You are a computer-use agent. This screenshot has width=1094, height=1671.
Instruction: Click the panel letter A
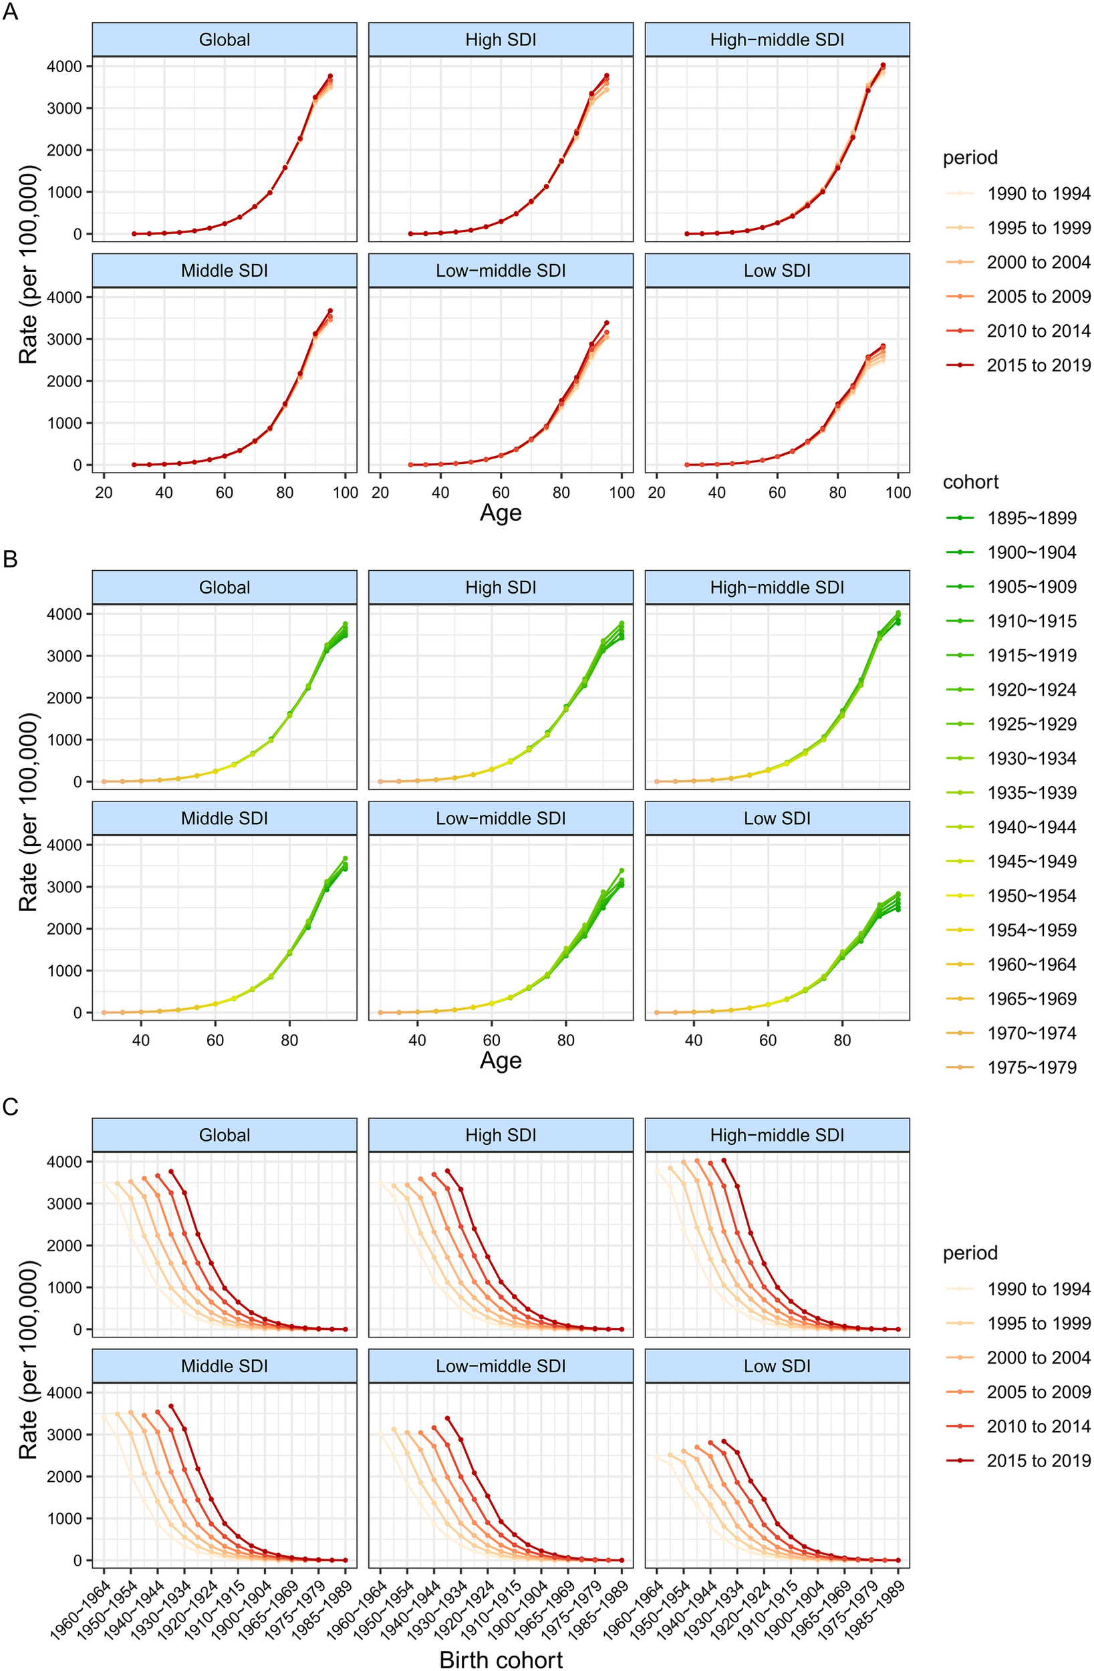pyautogui.click(x=10, y=12)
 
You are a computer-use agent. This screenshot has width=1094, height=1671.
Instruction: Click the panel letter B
pyautogui.click(x=10, y=559)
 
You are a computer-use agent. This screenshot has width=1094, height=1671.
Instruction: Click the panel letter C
pyautogui.click(x=10, y=1106)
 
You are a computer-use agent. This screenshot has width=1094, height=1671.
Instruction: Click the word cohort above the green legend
pyautogui.click(x=970, y=483)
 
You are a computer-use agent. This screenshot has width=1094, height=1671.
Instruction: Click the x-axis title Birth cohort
pyautogui.click(x=501, y=1659)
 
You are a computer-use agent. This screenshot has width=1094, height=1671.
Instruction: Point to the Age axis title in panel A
pyautogui.click(x=501, y=513)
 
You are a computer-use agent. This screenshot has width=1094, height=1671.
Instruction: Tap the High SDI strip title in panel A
pyautogui.click(x=501, y=40)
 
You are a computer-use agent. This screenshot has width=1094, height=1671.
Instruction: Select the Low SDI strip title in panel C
pyautogui.click(x=777, y=1366)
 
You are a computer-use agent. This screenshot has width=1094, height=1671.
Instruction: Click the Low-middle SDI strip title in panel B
pyautogui.click(x=501, y=819)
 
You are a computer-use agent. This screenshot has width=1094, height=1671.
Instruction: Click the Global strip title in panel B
pyautogui.click(x=224, y=588)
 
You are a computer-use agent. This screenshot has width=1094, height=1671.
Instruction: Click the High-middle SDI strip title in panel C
pyautogui.click(x=777, y=1136)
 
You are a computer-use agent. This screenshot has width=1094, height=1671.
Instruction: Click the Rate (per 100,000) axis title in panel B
pyautogui.click(x=28, y=811)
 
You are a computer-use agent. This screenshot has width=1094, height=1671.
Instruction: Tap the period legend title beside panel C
pyautogui.click(x=970, y=1253)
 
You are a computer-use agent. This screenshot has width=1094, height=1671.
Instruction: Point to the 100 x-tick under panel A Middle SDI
pyautogui.click(x=346, y=493)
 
